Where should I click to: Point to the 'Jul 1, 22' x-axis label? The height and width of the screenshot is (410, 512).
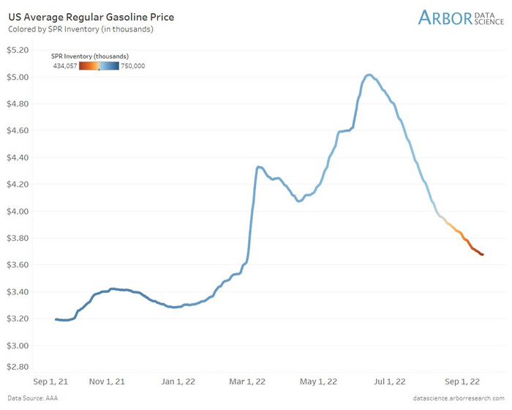[390, 381]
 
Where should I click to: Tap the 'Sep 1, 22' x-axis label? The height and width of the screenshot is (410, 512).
[462, 381]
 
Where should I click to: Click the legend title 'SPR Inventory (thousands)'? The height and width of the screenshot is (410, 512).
[91, 56]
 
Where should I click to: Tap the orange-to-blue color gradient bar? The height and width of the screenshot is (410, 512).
[99, 66]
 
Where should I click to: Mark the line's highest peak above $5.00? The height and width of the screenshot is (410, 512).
[369, 75]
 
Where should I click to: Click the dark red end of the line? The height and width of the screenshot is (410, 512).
[481, 254]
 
